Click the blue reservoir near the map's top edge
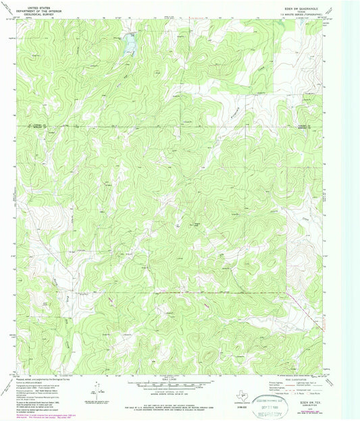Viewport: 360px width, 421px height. (x=128, y=45)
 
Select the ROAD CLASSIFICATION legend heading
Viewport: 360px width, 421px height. (x=300, y=376)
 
